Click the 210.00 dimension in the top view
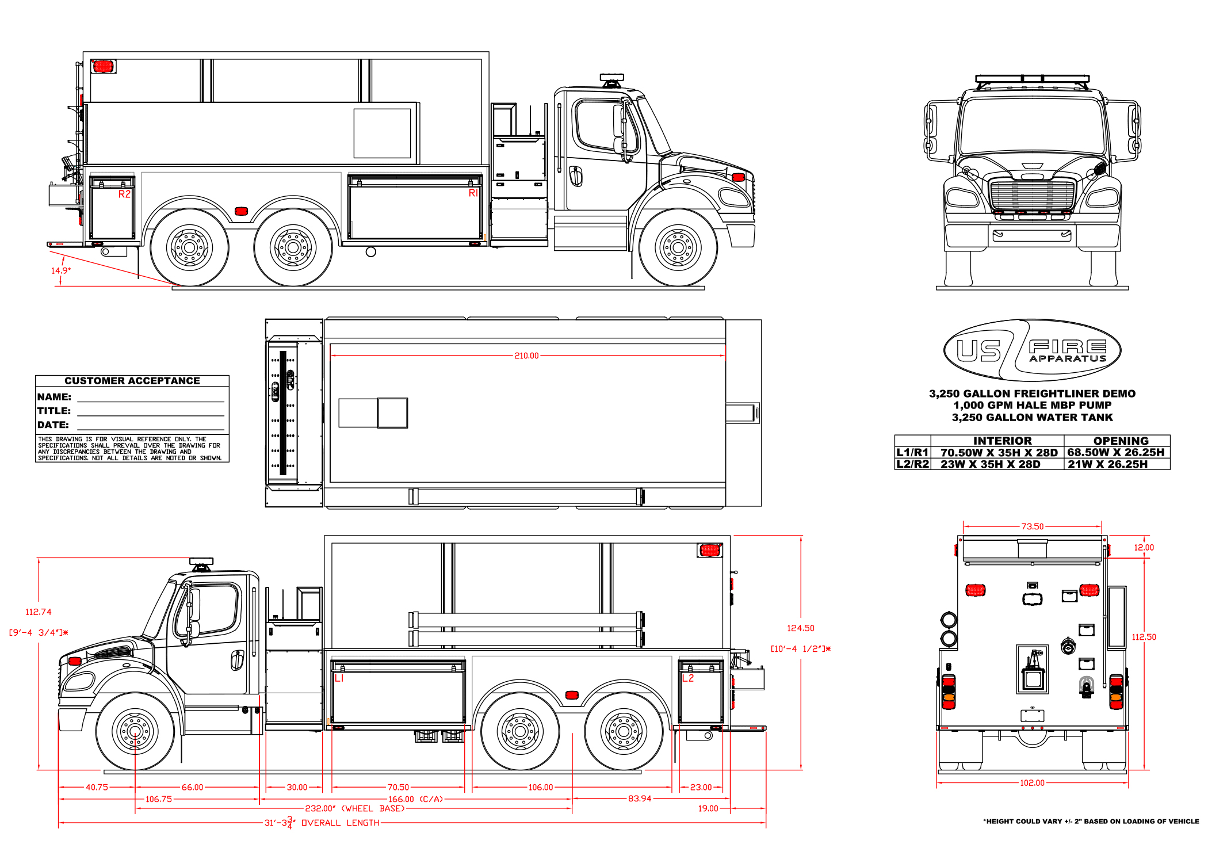point(526,356)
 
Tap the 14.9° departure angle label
point(61,270)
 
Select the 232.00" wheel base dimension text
point(355,808)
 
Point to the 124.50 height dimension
point(801,628)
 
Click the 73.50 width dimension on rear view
point(1033,526)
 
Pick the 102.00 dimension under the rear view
point(1032,783)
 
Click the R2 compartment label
point(124,194)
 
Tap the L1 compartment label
point(339,678)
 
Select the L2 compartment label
point(688,678)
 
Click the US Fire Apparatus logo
point(1033,350)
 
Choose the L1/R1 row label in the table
point(912,452)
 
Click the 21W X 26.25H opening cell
point(1108,464)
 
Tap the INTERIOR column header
point(1003,441)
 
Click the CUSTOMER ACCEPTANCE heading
point(132,381)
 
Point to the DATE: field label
point(53,425)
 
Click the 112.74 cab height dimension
point(39,612)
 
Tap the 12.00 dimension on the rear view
point(1144,548)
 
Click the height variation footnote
point(1091,822)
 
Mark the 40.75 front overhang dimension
point(97,787)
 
